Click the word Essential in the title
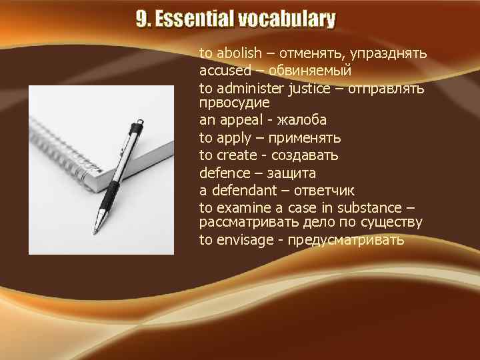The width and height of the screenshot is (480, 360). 195,20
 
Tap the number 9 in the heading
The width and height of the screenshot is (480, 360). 142,20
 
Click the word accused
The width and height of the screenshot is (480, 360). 225,71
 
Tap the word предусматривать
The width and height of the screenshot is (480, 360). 346,240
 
